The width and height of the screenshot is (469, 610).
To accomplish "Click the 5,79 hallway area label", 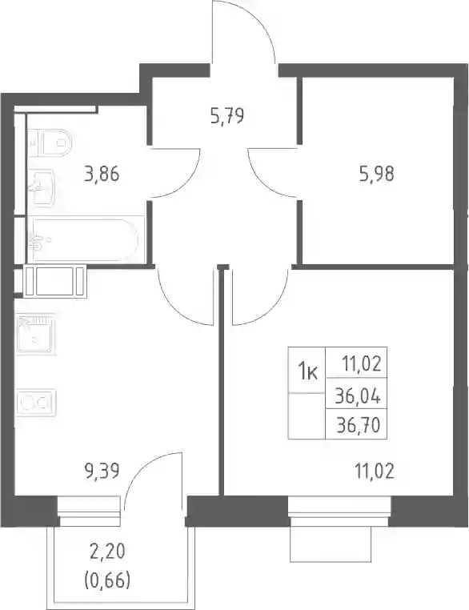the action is [227, 116].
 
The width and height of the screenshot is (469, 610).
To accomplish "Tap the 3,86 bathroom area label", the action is [102, 174].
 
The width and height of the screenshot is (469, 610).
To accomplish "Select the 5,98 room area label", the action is [377, 174].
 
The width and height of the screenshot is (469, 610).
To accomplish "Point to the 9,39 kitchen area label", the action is [102, 472].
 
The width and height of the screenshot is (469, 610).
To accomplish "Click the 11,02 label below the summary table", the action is [375, 472].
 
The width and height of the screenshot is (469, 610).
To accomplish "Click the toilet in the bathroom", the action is [50, 142].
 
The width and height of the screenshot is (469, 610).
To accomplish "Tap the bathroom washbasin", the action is [42, 188].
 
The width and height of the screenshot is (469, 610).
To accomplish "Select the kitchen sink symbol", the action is [36, 334].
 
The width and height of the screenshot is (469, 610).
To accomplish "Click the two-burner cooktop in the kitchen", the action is [36, 402].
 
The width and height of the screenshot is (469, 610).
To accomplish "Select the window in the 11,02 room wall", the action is [339, 511].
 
